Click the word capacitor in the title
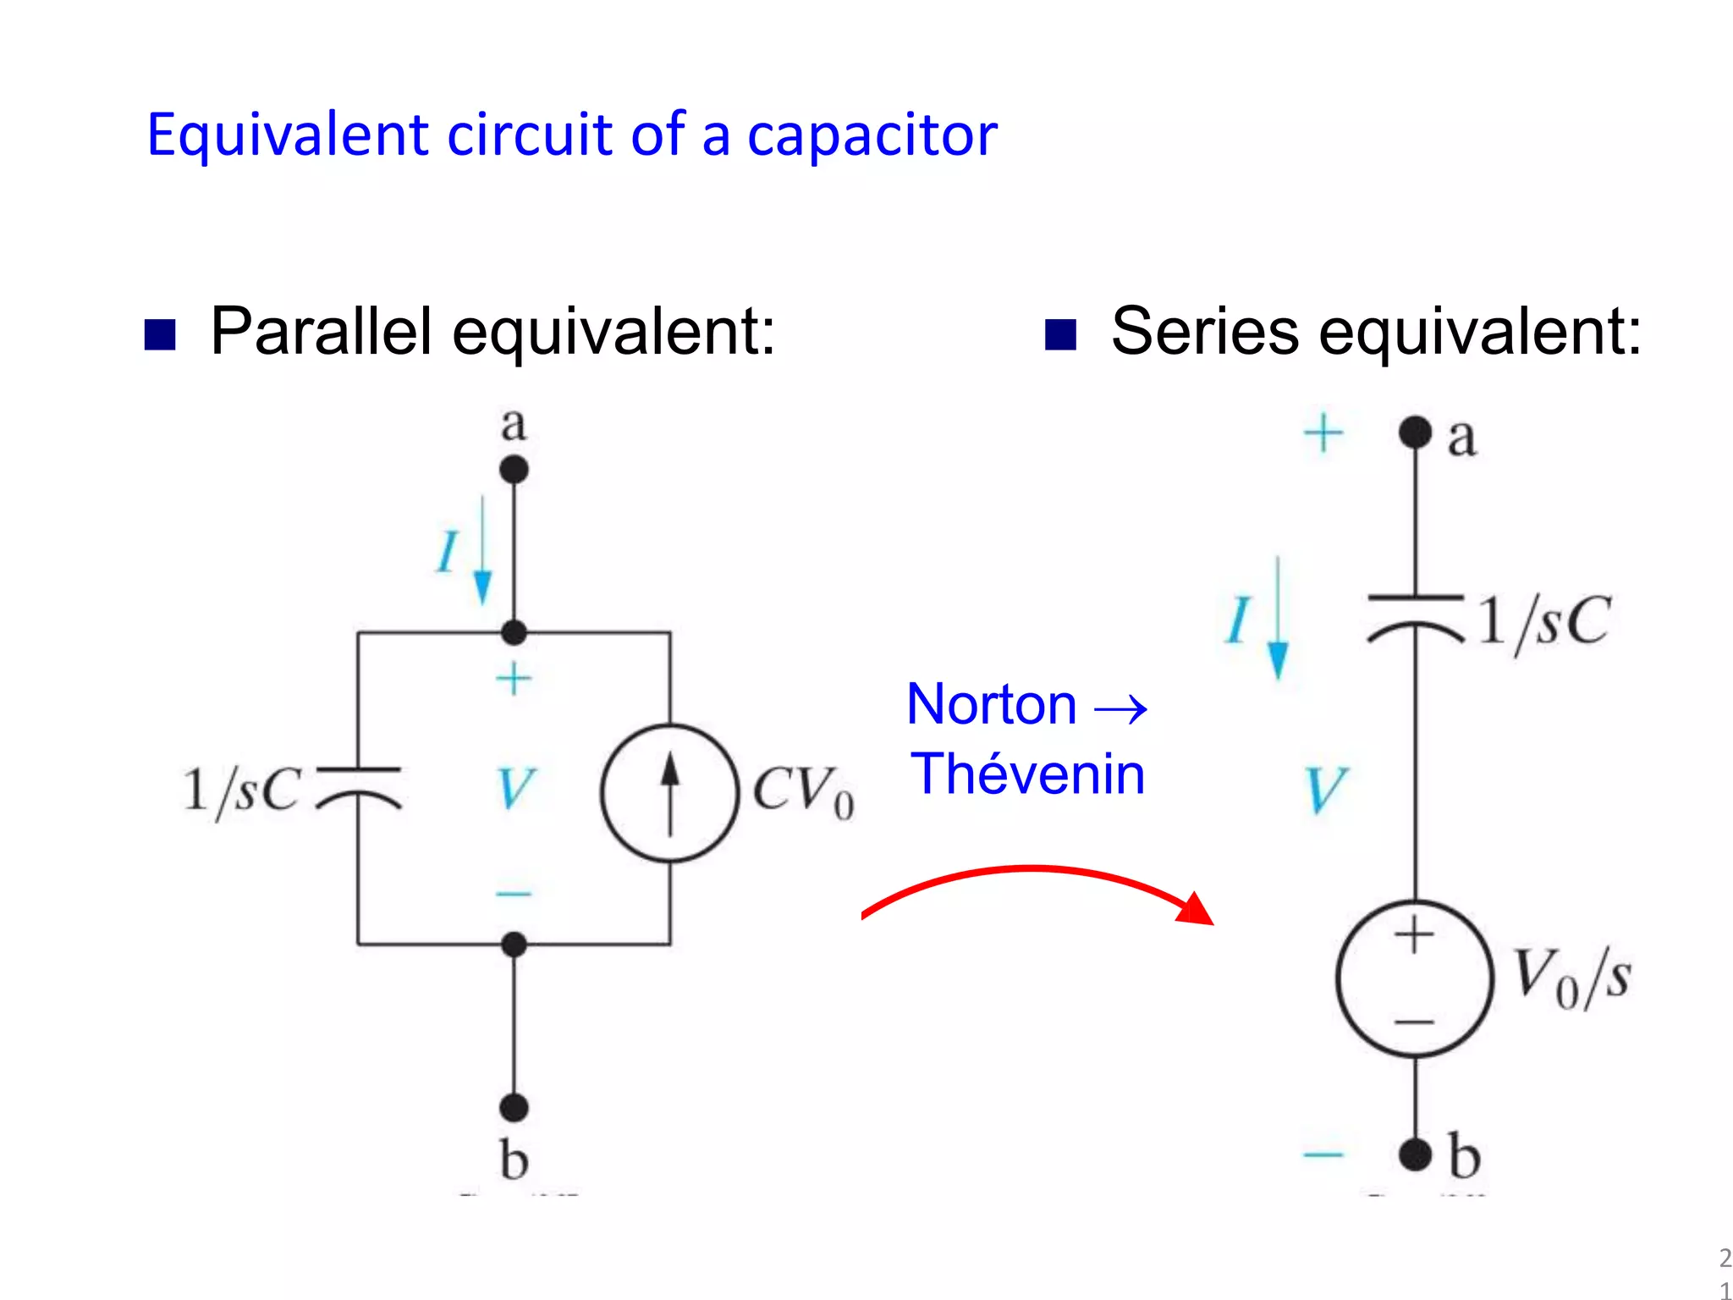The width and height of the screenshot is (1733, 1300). (x=872, y=135)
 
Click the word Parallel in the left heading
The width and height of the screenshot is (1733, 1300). (x=322, y=332)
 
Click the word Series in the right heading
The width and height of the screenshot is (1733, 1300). (x=1204, y=332)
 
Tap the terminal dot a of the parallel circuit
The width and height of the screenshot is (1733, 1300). (x=514, y=469)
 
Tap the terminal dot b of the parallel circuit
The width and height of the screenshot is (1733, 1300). (x=514, y=1107)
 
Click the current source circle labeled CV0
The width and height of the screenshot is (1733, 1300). (x=670, y=793)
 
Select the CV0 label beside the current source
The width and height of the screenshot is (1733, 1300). (x=802, y=791)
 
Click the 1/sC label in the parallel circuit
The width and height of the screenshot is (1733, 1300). (x=242, y=791)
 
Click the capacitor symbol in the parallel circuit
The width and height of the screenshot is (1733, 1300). (x=359, y=787)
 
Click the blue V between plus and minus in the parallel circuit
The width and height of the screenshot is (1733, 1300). (x=514, y=789)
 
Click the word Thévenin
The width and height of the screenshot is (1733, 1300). (x=1027, y=774)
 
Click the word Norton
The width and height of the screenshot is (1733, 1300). (x=991, y=704)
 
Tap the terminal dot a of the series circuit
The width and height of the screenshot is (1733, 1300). (x=1415, y=432)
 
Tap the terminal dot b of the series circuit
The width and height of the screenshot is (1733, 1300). (x=1415, y=1154)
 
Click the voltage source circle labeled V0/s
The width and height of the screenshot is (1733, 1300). (x=1414, y=979)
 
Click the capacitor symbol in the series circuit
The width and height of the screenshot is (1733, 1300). (x=1416, y=619)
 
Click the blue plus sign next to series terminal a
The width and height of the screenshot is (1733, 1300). (x=1323, y=434)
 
